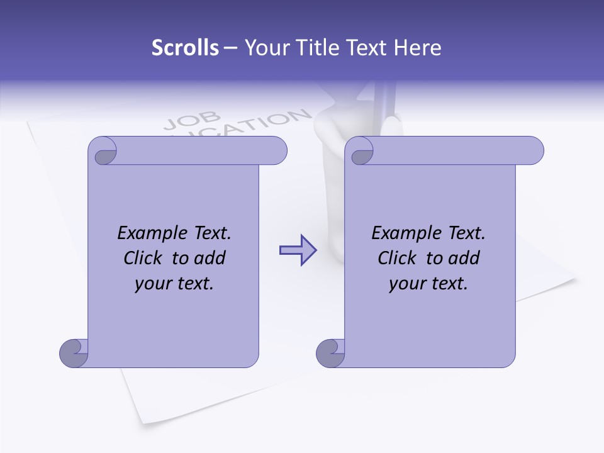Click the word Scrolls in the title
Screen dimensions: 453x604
[x=185, y=48]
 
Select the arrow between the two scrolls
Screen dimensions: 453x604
[x=298, y=250]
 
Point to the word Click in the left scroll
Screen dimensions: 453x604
[x=143, y=258]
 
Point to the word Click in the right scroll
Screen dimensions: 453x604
[x=397, y=258]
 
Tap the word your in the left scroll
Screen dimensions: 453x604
[x=153, y=284]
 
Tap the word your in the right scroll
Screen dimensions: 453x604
[x=407, y=284]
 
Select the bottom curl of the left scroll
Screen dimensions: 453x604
[x=73, y=352]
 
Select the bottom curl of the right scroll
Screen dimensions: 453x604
[x=330, y=352]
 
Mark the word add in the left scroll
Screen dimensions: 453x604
[x=210, y=258]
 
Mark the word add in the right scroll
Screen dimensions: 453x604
[x=464, y=258]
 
